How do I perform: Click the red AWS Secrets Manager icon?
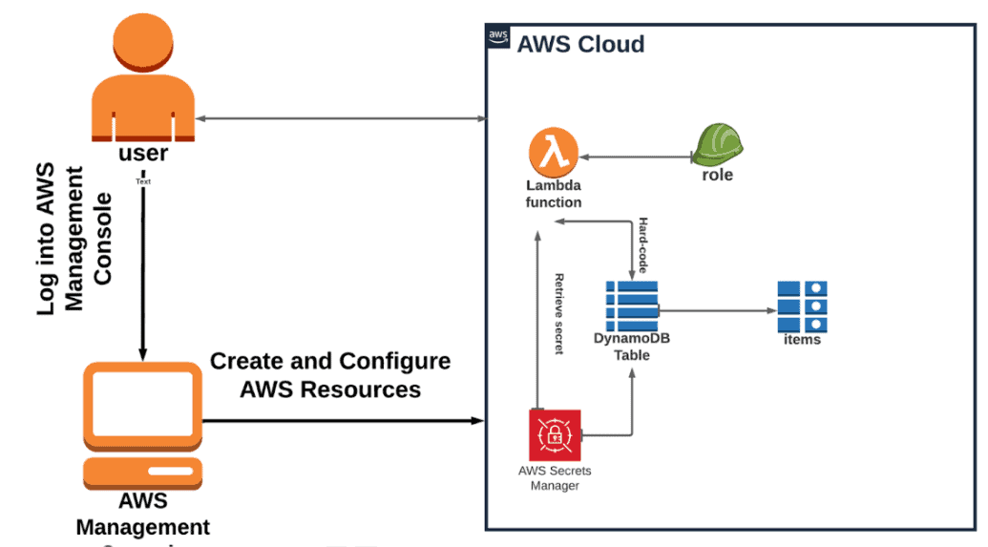tap(555, 434)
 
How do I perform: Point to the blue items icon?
tap(801, 305)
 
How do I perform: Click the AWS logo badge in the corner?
tap(498, 36)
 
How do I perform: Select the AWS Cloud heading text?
tap(580, 44)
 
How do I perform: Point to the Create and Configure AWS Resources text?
tap(330, 375)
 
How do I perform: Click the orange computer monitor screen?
tap(142, 400)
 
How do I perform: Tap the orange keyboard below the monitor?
tap(142, 472)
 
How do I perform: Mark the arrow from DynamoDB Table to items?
tap(717, 310)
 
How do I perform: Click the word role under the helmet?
tap(717, 176)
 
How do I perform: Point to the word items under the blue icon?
tap(801, 339)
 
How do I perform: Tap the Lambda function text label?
tap(554, 194)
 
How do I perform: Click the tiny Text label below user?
tap(143, 180)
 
